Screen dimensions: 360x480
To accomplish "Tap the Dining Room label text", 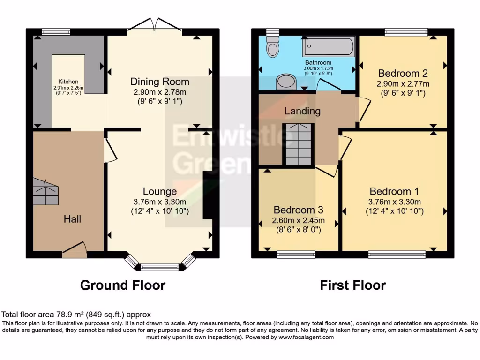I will point(160,82).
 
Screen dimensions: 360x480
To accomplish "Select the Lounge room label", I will point(160,191).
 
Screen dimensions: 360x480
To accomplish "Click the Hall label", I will point(72,219).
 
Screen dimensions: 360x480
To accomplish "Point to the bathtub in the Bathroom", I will point(329,47).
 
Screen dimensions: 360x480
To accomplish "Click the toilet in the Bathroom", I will point(272,46).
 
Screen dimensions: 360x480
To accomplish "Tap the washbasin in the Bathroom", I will point(285,82).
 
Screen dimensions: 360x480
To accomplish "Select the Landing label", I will point(302,111).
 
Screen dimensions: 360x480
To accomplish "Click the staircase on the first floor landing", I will point(298,144).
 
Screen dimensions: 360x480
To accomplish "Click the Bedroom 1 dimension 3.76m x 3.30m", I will point(394,202).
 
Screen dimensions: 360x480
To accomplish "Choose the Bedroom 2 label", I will point(403,74).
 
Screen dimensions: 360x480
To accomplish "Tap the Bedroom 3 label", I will point(299,210).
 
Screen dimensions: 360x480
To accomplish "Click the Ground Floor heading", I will point(123,285).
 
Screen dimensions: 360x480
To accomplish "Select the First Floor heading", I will point(353,285).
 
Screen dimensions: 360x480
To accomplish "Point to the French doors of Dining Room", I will point(154,26).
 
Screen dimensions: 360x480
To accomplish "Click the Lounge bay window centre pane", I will point(160,268).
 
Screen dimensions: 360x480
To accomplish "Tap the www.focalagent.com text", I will point(307,337).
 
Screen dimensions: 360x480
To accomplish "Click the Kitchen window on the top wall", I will point(55,32).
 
